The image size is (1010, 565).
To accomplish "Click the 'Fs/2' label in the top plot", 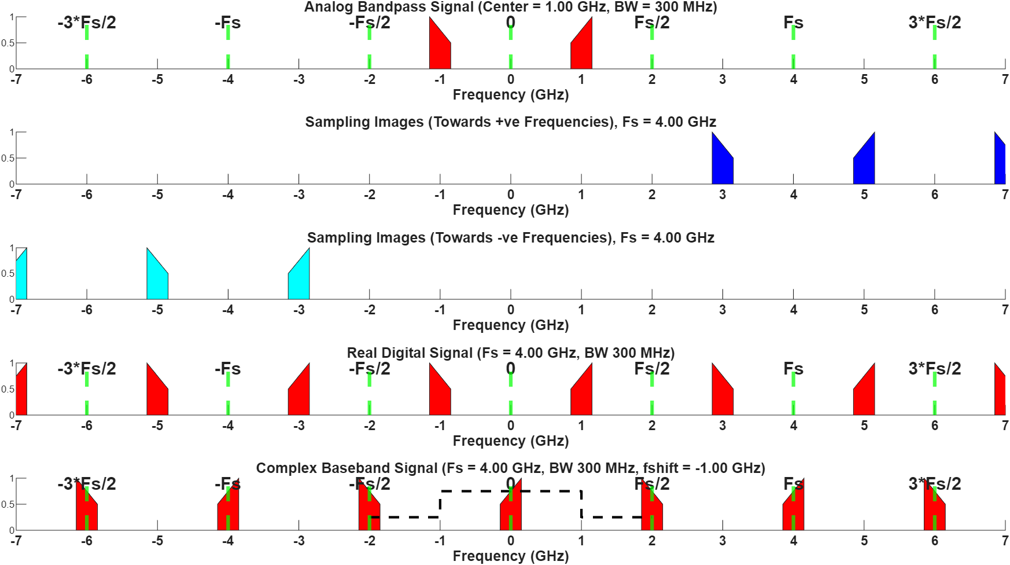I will [x=652, y=23].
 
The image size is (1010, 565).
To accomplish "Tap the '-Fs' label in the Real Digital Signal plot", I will [x=227, y=369].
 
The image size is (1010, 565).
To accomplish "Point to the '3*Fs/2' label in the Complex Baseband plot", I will [x=935, y=484].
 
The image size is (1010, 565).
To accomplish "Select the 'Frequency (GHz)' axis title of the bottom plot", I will [x=510, y=556].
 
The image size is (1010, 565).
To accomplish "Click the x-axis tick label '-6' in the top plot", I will [x=87, y=80].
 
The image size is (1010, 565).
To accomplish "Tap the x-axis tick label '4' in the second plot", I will [x=793, y=195].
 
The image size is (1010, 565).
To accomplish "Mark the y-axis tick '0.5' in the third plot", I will [x=8, y=273].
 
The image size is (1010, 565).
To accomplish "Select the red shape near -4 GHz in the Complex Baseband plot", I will [x=228, y=512].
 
